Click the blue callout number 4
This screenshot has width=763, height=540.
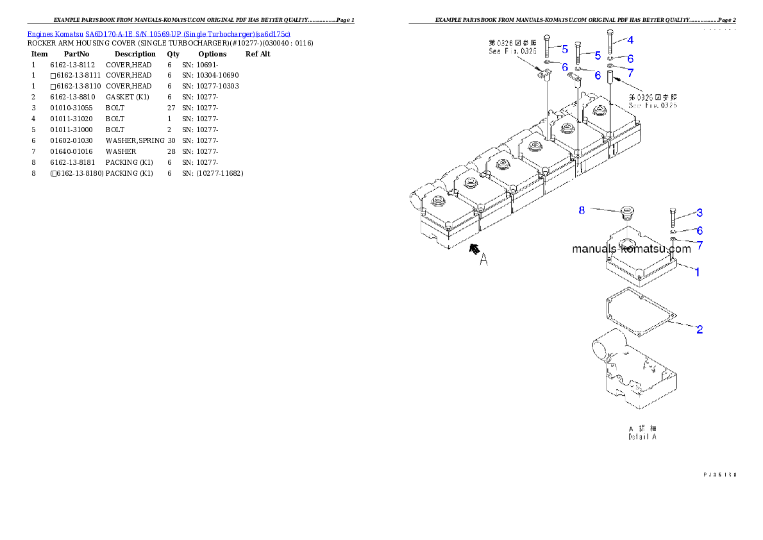(630, 40)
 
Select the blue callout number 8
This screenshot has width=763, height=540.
(582, 210)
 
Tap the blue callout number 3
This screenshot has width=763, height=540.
(700, 212)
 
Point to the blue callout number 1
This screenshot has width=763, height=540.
(698, 271)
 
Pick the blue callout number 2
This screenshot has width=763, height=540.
(700, 330)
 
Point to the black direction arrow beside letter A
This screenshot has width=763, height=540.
(474, 249)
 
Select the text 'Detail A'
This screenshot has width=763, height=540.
(642, 437)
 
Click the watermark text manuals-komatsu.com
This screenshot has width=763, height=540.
(632, 249)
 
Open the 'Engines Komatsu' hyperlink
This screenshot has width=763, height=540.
(56, 33)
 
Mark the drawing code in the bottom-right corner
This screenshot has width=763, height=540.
(719, 475)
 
